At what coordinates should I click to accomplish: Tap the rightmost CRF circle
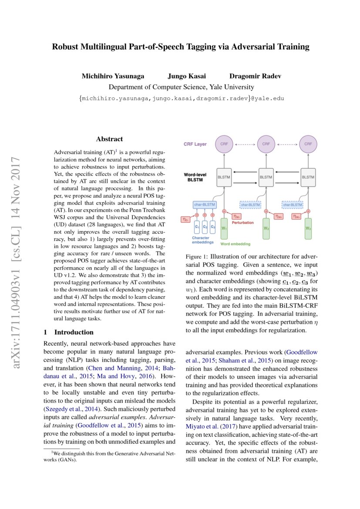(308, 144)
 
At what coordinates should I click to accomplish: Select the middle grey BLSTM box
(266, 178)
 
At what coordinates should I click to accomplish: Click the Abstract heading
(109, 139)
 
